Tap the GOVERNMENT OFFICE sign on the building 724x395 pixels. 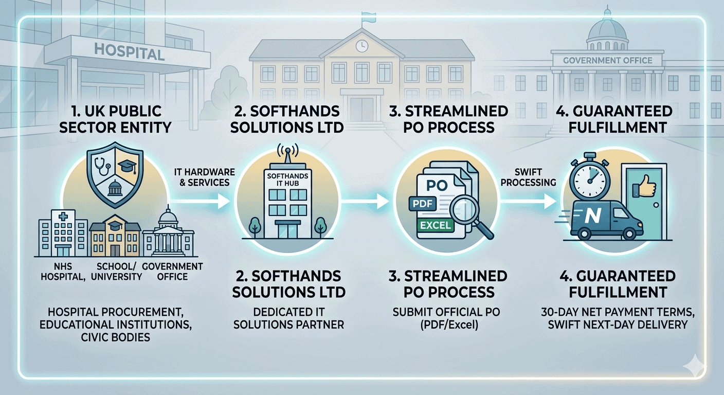tap(608, 60)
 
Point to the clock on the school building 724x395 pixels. tap(362, 45)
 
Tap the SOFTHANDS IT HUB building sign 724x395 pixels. tap(287, 179)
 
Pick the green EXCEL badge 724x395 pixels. tap(435, 225)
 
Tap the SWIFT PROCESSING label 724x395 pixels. tap(528, 176)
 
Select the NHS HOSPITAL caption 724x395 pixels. tap(57, 271)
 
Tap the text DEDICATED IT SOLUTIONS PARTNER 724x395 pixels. tap(288, 318)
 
